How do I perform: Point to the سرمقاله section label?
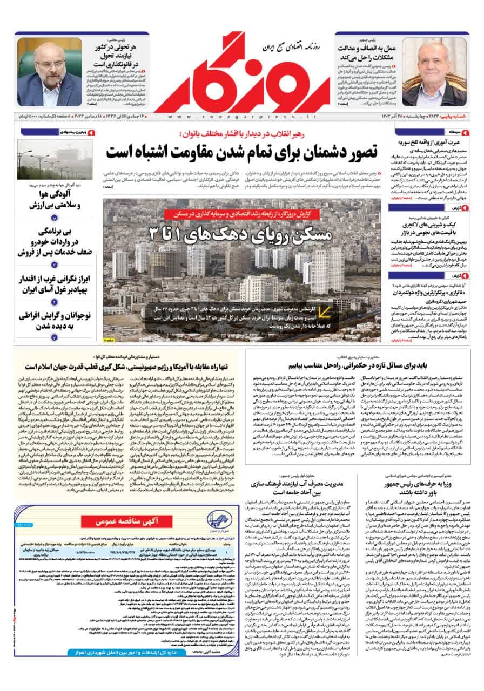(x=453, y=131)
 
